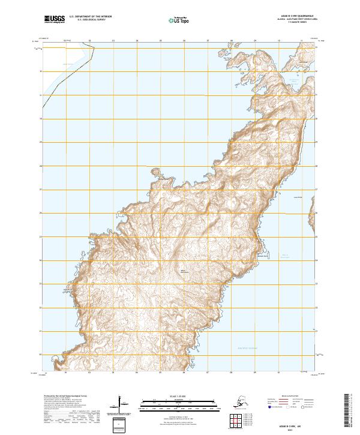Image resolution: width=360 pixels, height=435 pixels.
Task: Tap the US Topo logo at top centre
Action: [179, 19]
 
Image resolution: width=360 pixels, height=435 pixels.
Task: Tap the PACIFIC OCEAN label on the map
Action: [246, 348]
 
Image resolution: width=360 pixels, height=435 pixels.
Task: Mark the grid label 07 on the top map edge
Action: [208, 41]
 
